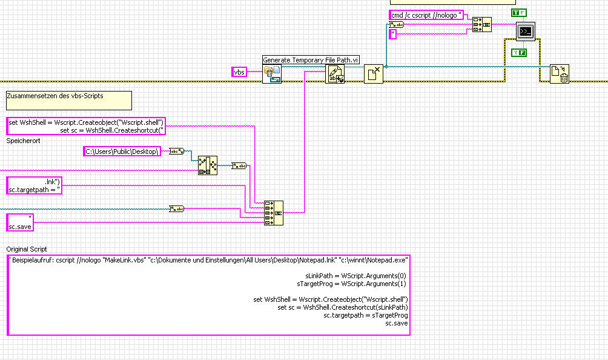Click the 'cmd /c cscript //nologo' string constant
pos(427,15)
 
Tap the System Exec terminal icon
pos(526,31)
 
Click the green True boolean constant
pos(519,13)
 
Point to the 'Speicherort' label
pos(24,141)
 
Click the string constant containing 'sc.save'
pos(20,222)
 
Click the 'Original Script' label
pos(27,249)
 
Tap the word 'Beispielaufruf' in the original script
pos(34,259)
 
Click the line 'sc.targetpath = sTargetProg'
pos(366,315)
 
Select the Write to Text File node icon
pos(334,75)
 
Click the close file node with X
pos(374,75)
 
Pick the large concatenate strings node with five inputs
pos(274,213)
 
